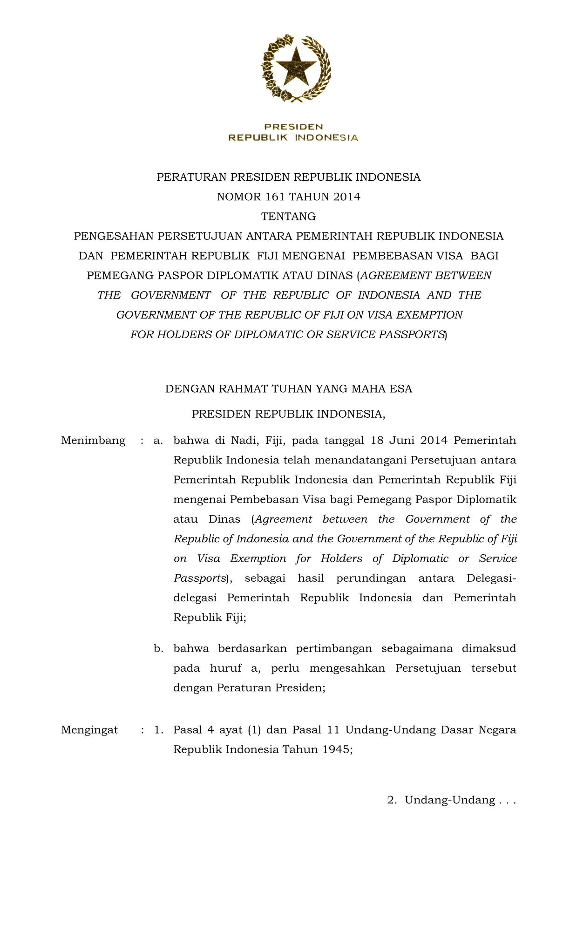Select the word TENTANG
point(288,217)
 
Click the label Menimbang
point(93,441)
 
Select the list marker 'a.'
point(158,441)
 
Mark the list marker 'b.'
point(158,648)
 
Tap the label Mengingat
point(89,729)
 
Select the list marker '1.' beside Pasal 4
point(158,729)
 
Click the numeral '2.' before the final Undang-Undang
point(392,800)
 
